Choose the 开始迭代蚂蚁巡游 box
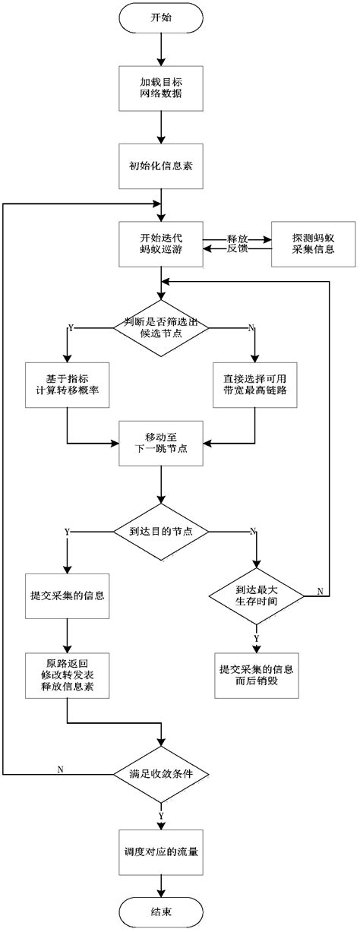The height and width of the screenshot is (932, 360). pos(160,244)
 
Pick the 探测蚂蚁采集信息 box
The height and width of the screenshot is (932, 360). pos(303,244)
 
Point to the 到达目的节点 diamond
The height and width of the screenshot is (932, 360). pos(160,532)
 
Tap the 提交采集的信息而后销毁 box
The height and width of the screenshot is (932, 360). pos(256,674)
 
